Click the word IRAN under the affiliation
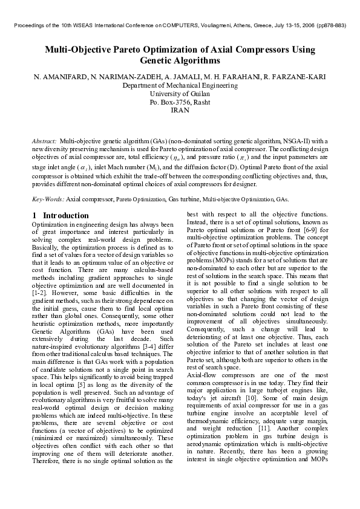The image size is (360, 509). tap(180, 111)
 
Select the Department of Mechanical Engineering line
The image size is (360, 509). tap(180, 86)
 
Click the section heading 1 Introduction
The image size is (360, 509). tap(61, 216)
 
